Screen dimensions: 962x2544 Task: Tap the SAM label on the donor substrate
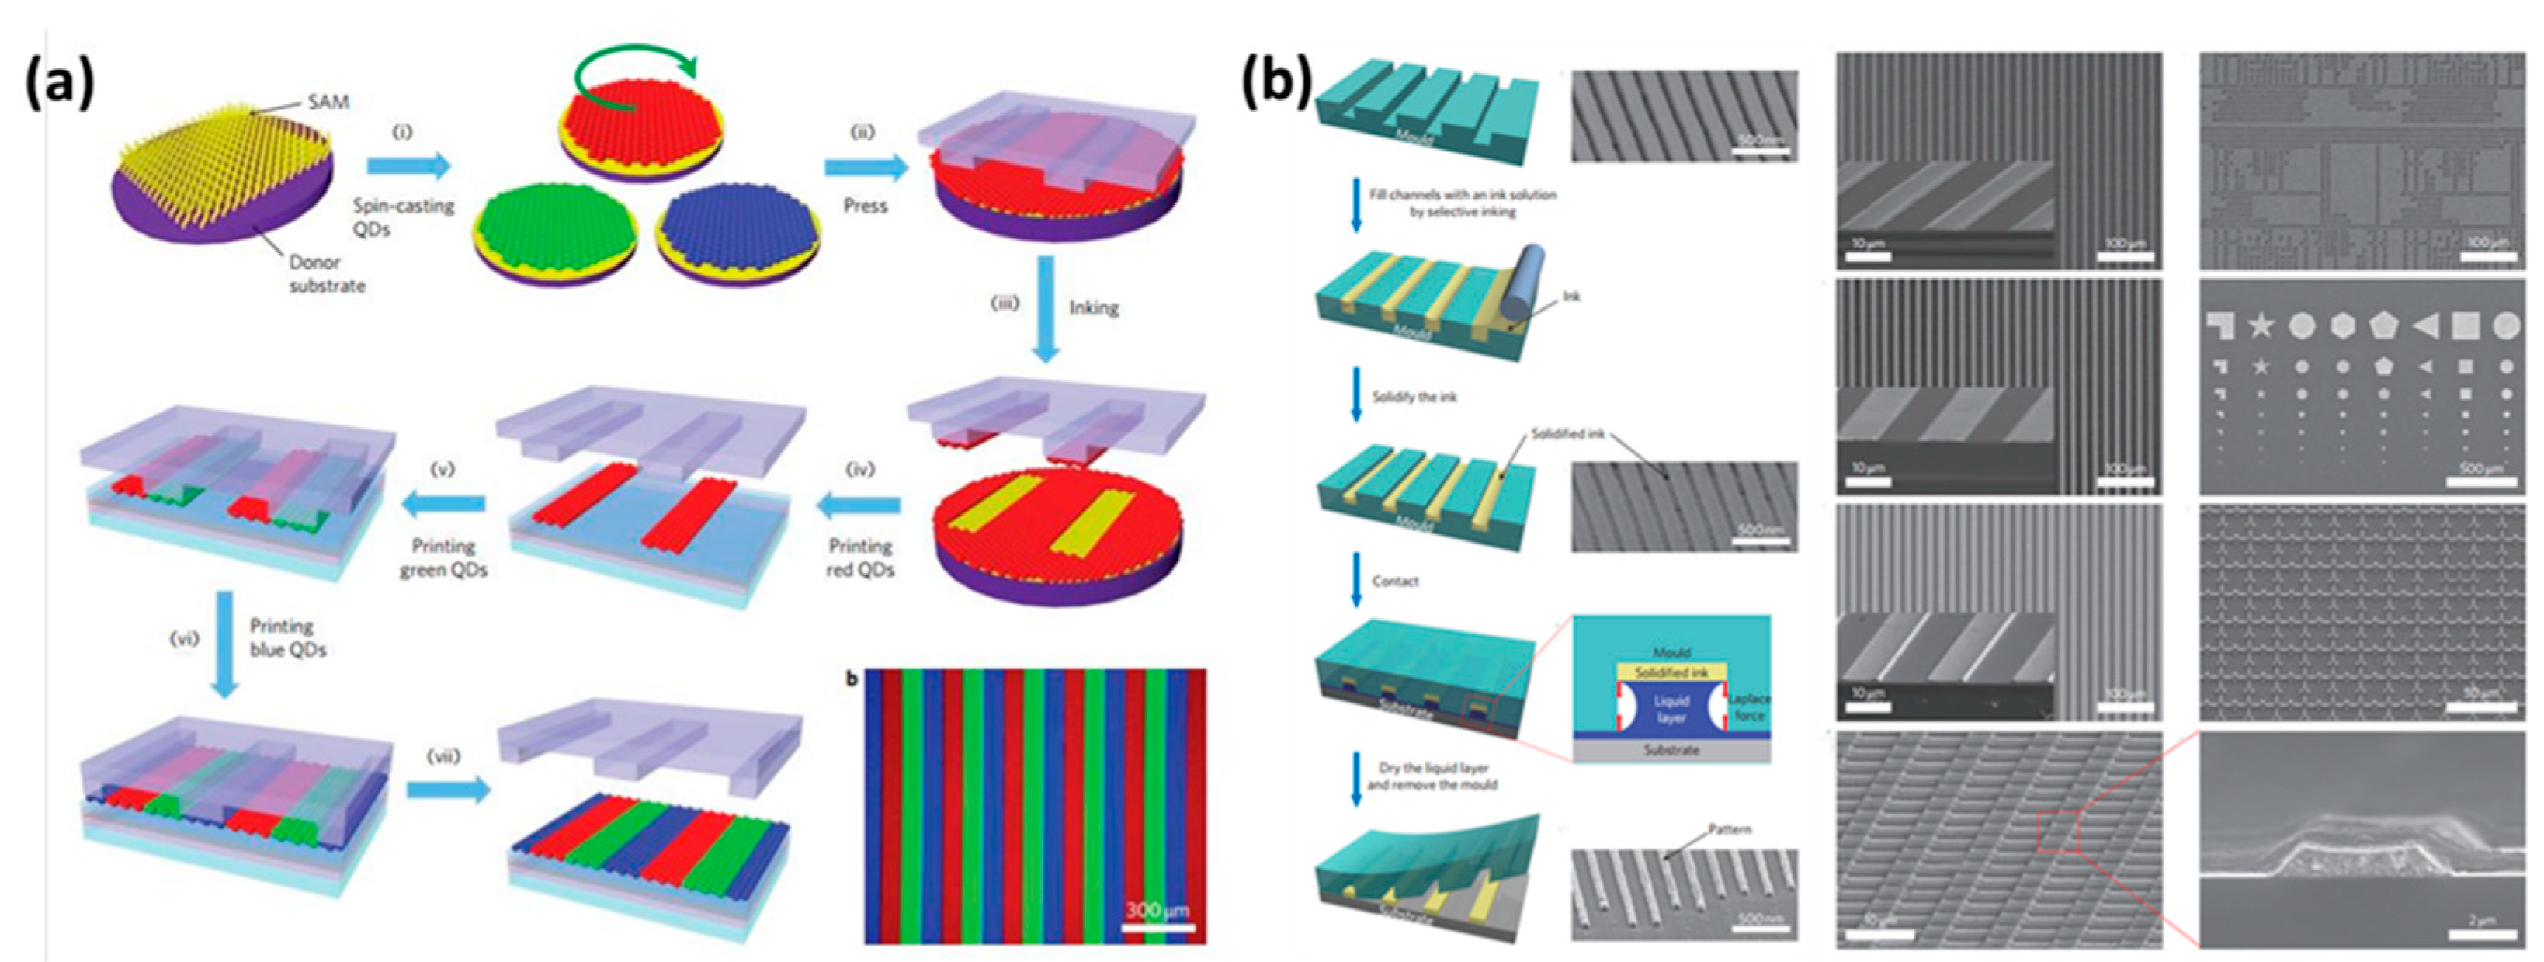pyautogui.click(x=328, y=102)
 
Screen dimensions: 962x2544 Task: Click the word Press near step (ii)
pyautogui.click(x=865, y=206)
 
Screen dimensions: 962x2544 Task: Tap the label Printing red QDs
pyautogui.click(x=860, y=558)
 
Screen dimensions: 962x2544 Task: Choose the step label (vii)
pyautogui.click(x=443, y=756)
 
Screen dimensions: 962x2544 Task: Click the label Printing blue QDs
pyautogui.click(x=287, y=638)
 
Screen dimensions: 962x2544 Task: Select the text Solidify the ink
pyautogui.click(x=1414, y=397)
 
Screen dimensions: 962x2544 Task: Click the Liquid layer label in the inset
pyautogui.click(x=1671, y=708)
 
